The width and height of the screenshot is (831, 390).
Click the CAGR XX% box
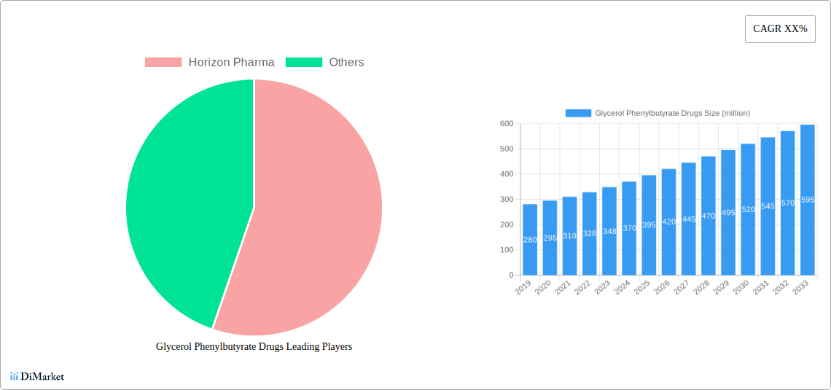point(779,29)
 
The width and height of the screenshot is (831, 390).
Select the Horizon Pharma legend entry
point(210,63)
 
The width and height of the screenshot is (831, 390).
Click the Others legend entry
point(324,63)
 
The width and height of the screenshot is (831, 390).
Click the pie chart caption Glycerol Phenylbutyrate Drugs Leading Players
point(254,347)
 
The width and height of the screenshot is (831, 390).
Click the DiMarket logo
point(37,376)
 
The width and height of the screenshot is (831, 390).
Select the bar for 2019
point(530,240)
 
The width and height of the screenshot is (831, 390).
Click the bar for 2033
point(807,200)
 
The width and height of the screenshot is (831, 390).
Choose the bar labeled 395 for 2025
point(649,225)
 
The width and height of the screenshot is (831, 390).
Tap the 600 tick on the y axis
point(506,124)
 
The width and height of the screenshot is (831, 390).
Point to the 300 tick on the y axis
point(506,200)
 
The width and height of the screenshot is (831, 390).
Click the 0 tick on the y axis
point(510,276)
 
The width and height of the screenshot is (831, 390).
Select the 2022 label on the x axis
point(582,289)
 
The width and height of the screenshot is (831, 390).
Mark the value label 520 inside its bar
point(748,210)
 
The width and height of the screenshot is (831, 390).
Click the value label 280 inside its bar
point(530,240)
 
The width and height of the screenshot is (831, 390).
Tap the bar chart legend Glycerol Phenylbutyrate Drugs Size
point(658,113)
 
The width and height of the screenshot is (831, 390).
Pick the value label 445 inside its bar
point(688,219)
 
